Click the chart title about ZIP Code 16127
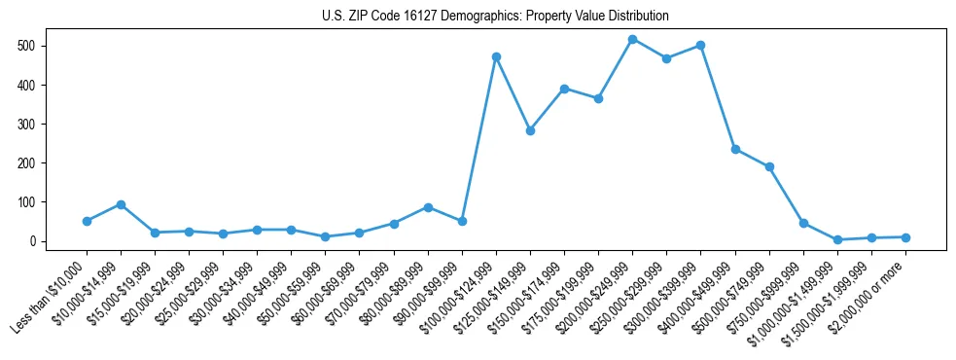point(495,17)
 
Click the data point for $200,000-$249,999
point(632,40)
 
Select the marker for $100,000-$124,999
point(496,57)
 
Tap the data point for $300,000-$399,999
point(700,46)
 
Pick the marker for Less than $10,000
point(87,221)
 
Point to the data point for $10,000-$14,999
point(121,204)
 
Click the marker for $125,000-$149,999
point(530,130)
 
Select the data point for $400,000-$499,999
point(735,149)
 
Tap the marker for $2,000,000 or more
point(905,237)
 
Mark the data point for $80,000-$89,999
point(428,207)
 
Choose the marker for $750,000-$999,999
point(803,223)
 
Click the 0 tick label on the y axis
point(32,241)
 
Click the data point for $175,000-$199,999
point(598,98)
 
